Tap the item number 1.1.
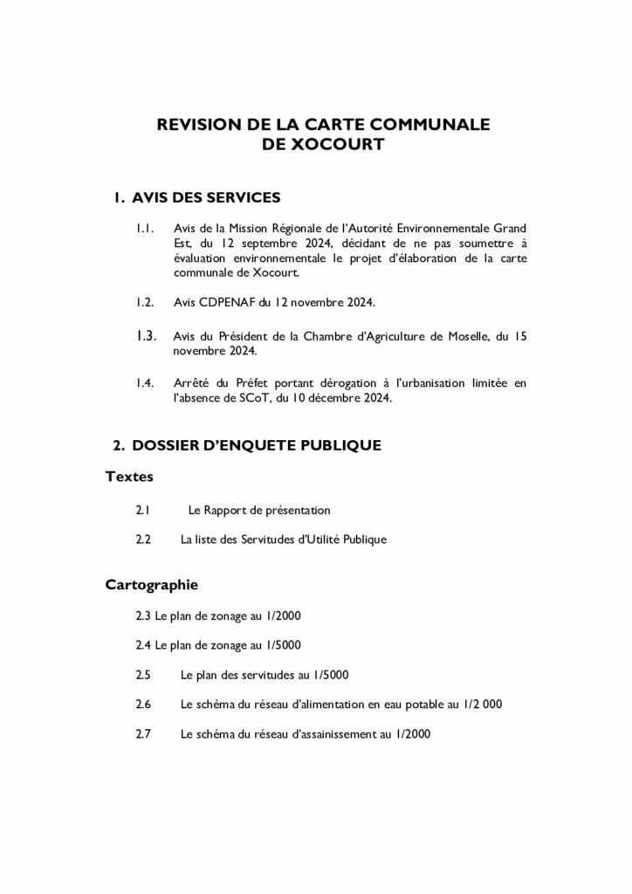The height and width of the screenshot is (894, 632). click(146, 229)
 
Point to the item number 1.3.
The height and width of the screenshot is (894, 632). click(146, 335)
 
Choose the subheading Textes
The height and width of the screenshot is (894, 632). click(129, 477)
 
